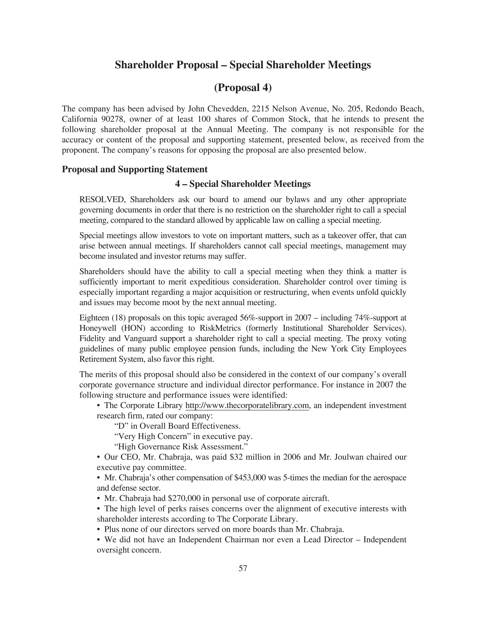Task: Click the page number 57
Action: (x=243, y=568)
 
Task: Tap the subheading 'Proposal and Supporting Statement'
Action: (x=135, y=169)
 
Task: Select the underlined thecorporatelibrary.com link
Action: (x=247, y=405)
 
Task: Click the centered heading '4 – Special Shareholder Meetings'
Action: (x=243, y=184)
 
